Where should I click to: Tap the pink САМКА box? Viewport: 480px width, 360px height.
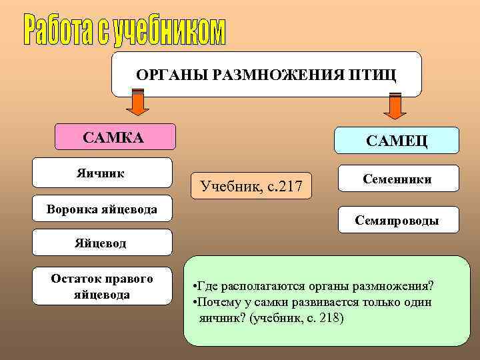(114, 137)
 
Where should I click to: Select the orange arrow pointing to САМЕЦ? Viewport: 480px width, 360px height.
(395, 106)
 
